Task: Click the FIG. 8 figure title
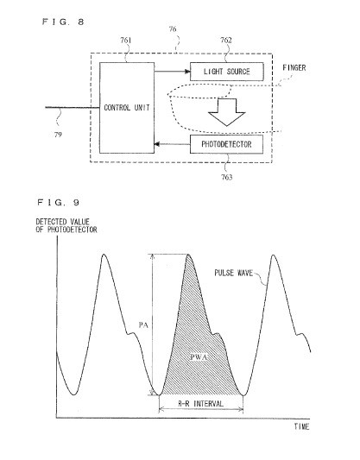(x=63, y=22)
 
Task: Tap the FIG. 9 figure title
(x=58, y=203)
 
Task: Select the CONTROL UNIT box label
(x=127, y=108)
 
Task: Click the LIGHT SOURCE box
(x=227, y=72)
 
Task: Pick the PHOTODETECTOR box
(x=226, y=144)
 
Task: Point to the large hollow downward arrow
(x=226, y=112)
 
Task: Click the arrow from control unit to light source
(x=172, y=72)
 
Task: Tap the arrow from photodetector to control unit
(x=172, y=144)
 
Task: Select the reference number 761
(x=126, y=41)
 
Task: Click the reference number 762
(x=226, y=41)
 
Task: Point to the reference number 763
(x=227, y=177)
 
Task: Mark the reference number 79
(x=58, y=135)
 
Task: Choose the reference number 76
(x=173, y=29)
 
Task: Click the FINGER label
(x=294, y=68)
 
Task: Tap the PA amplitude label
(x=143, y=325)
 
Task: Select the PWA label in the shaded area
(x=199, y=357)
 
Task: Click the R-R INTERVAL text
(x=201, y=404)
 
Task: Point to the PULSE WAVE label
(x=234, y=273)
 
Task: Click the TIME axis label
(x=301, y=426)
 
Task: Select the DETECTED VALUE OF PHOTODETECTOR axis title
(x=66, y=225)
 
